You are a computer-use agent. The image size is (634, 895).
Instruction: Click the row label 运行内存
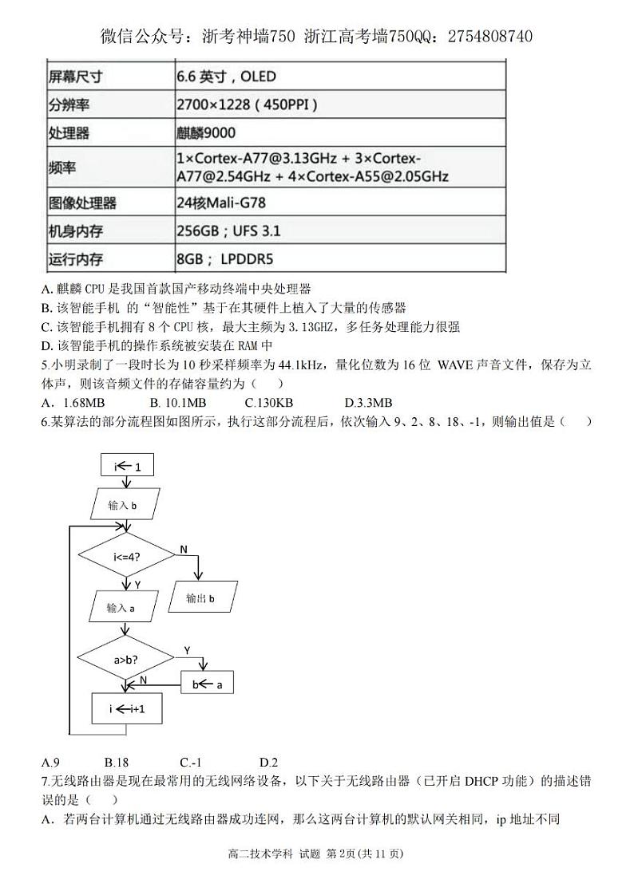pos(76,259)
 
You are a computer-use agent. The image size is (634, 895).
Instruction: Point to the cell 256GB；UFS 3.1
pos(228,231)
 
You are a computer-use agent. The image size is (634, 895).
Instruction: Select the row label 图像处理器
pos(82,203)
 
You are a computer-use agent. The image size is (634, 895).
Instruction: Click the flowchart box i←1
pos(128,467)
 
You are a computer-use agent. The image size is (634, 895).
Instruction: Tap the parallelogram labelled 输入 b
pos(123,505)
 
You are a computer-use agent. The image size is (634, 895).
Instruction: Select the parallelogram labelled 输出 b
pos(200,597)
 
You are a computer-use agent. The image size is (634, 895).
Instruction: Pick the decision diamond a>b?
pos(125,659)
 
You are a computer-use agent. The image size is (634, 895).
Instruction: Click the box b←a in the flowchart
pos(208,684)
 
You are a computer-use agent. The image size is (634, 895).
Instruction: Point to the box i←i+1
pos(128,708)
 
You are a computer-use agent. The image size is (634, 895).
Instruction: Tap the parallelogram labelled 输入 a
pos(121,609)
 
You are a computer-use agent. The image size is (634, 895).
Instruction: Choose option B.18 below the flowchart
pos(117,762)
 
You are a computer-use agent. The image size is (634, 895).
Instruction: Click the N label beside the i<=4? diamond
pos(184,550)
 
